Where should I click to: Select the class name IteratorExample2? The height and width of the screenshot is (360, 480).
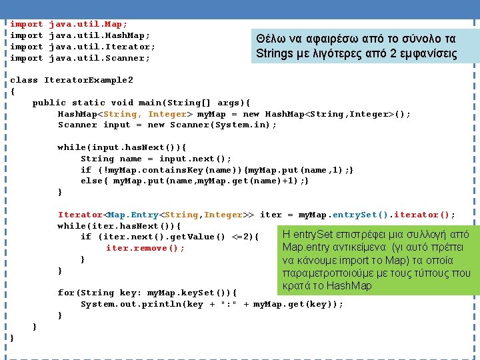(89, 80)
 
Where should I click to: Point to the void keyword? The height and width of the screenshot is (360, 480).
(123, 103)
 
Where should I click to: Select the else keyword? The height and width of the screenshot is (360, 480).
(92, 181)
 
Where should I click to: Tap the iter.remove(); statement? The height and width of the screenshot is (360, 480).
(145, 248)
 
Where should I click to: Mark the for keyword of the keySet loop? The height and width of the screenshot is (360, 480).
(67, 293)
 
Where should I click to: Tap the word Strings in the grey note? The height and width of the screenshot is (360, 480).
(275, 53)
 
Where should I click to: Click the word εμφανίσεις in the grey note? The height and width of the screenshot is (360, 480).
(425, 53)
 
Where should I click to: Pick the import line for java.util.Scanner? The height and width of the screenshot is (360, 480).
(80, 58)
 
